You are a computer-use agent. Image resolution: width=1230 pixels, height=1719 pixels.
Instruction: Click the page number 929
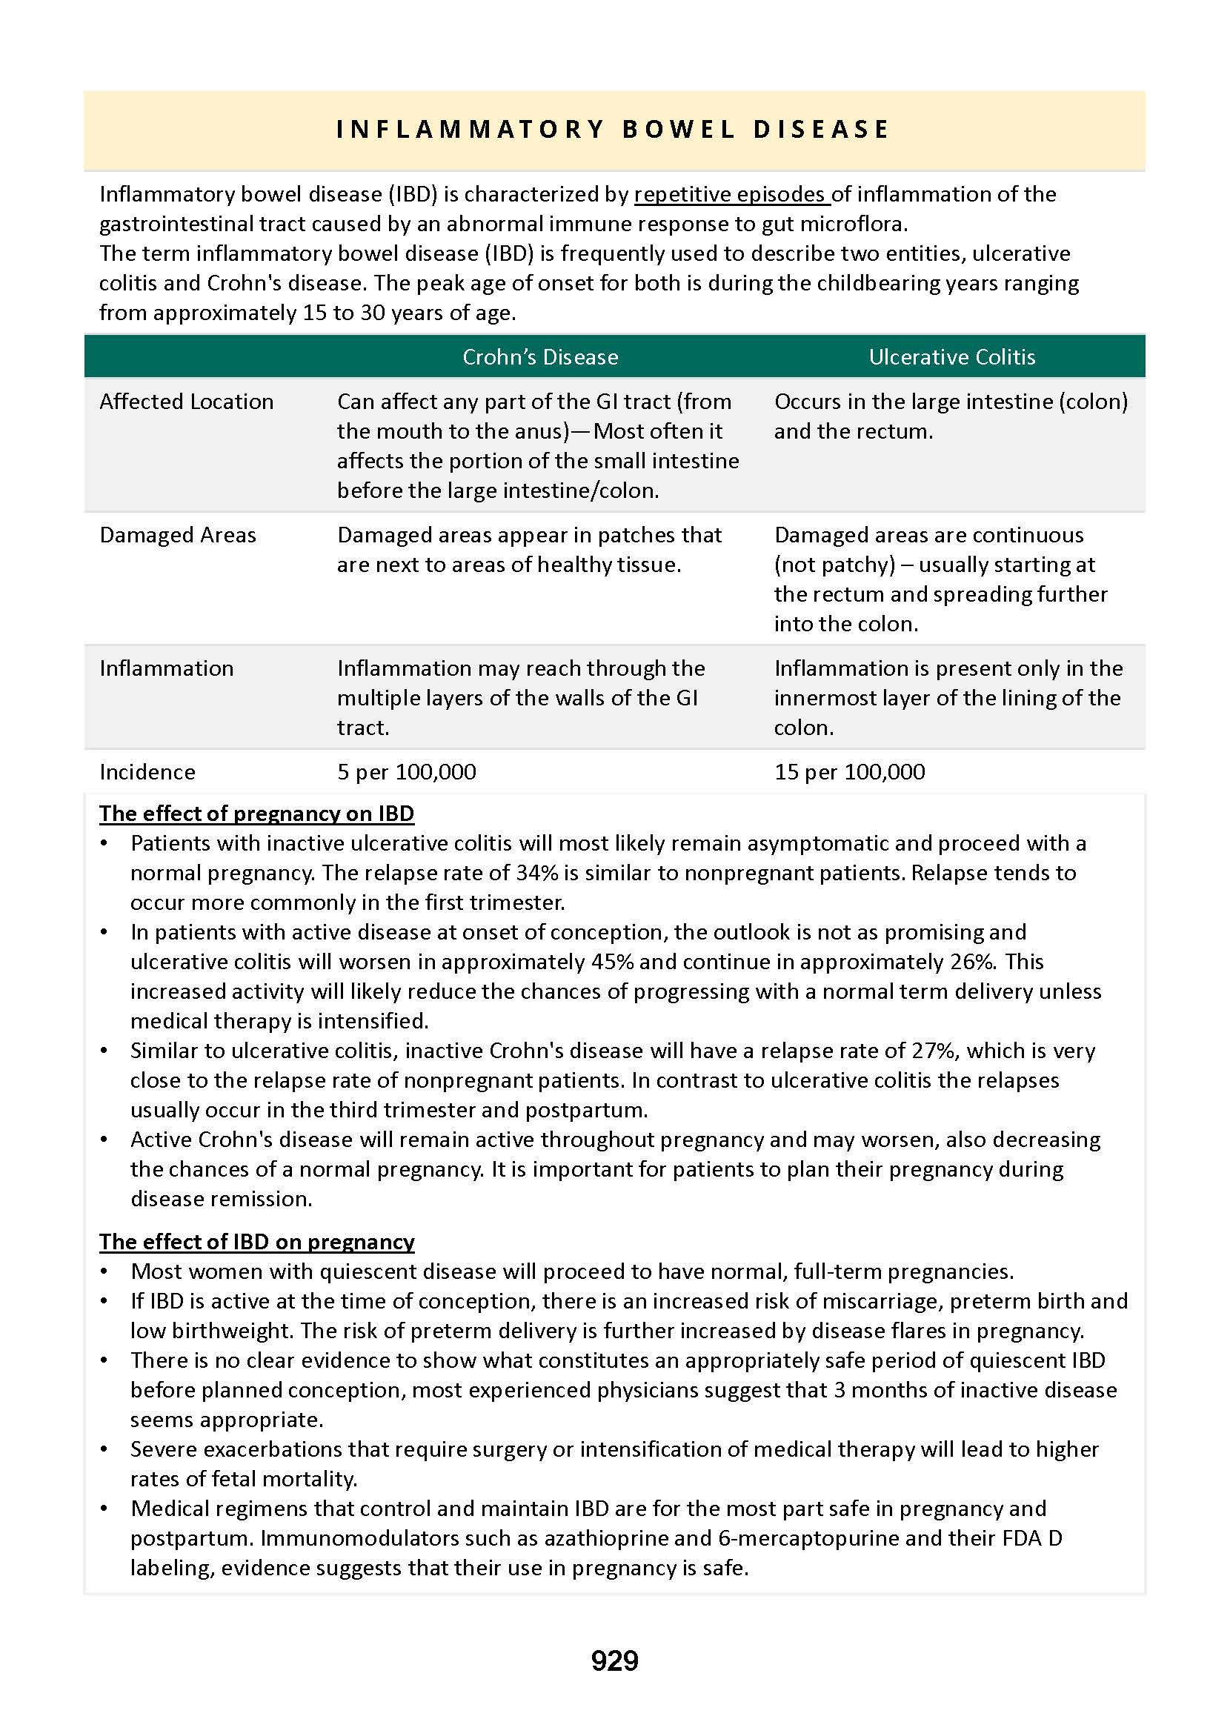[614, 1660]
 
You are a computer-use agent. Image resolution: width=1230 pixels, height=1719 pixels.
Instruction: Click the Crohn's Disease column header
[540, 356]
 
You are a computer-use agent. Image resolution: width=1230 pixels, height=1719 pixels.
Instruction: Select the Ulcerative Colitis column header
[951, 356]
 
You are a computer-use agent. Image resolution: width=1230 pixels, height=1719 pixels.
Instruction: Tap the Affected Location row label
[186, 402]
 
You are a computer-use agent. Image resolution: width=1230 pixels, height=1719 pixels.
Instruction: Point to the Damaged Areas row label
[178, 535]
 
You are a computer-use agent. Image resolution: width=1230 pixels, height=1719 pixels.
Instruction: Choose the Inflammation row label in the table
[167, 668]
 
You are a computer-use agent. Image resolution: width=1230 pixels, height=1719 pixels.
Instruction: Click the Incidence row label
[147, 771]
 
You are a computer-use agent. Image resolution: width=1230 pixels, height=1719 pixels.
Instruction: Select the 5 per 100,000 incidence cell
[407, 771]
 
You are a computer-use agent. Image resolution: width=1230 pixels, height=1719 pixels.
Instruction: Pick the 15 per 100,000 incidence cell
[849, 771]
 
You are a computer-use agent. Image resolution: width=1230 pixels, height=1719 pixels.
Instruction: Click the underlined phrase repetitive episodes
[731, 195]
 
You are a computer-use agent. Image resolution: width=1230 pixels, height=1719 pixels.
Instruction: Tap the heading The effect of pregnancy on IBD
[257, 814]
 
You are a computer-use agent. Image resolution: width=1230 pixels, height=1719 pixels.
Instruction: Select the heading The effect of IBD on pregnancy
[257, 1242]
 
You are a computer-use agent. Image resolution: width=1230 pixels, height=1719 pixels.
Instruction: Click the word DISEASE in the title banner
[821, 130]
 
